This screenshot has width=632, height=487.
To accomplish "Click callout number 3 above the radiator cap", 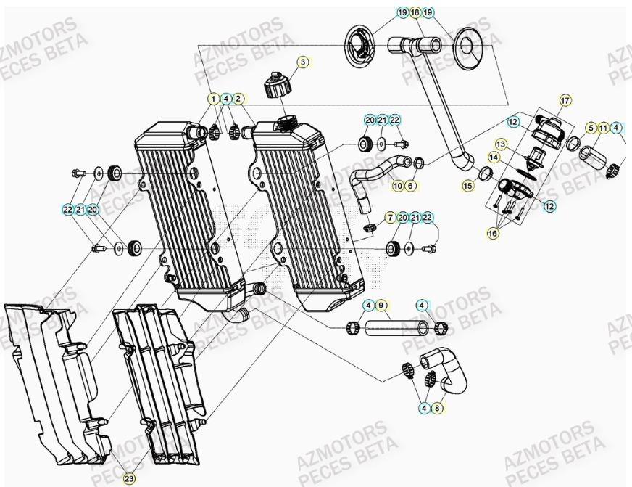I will (303, 62).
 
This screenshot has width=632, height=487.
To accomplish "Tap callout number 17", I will (566, 100).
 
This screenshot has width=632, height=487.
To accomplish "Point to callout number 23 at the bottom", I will (128, 478).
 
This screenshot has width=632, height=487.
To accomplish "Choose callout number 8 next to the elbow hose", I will (437, 409).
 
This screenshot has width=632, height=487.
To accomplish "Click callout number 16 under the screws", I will (493, 234).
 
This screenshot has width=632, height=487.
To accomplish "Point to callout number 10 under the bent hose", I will (398, 187).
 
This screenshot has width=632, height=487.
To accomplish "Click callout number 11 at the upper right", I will (603, 128).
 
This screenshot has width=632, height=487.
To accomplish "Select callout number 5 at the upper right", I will (591, 128).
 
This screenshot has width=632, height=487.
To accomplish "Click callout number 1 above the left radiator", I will (213, 98).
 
